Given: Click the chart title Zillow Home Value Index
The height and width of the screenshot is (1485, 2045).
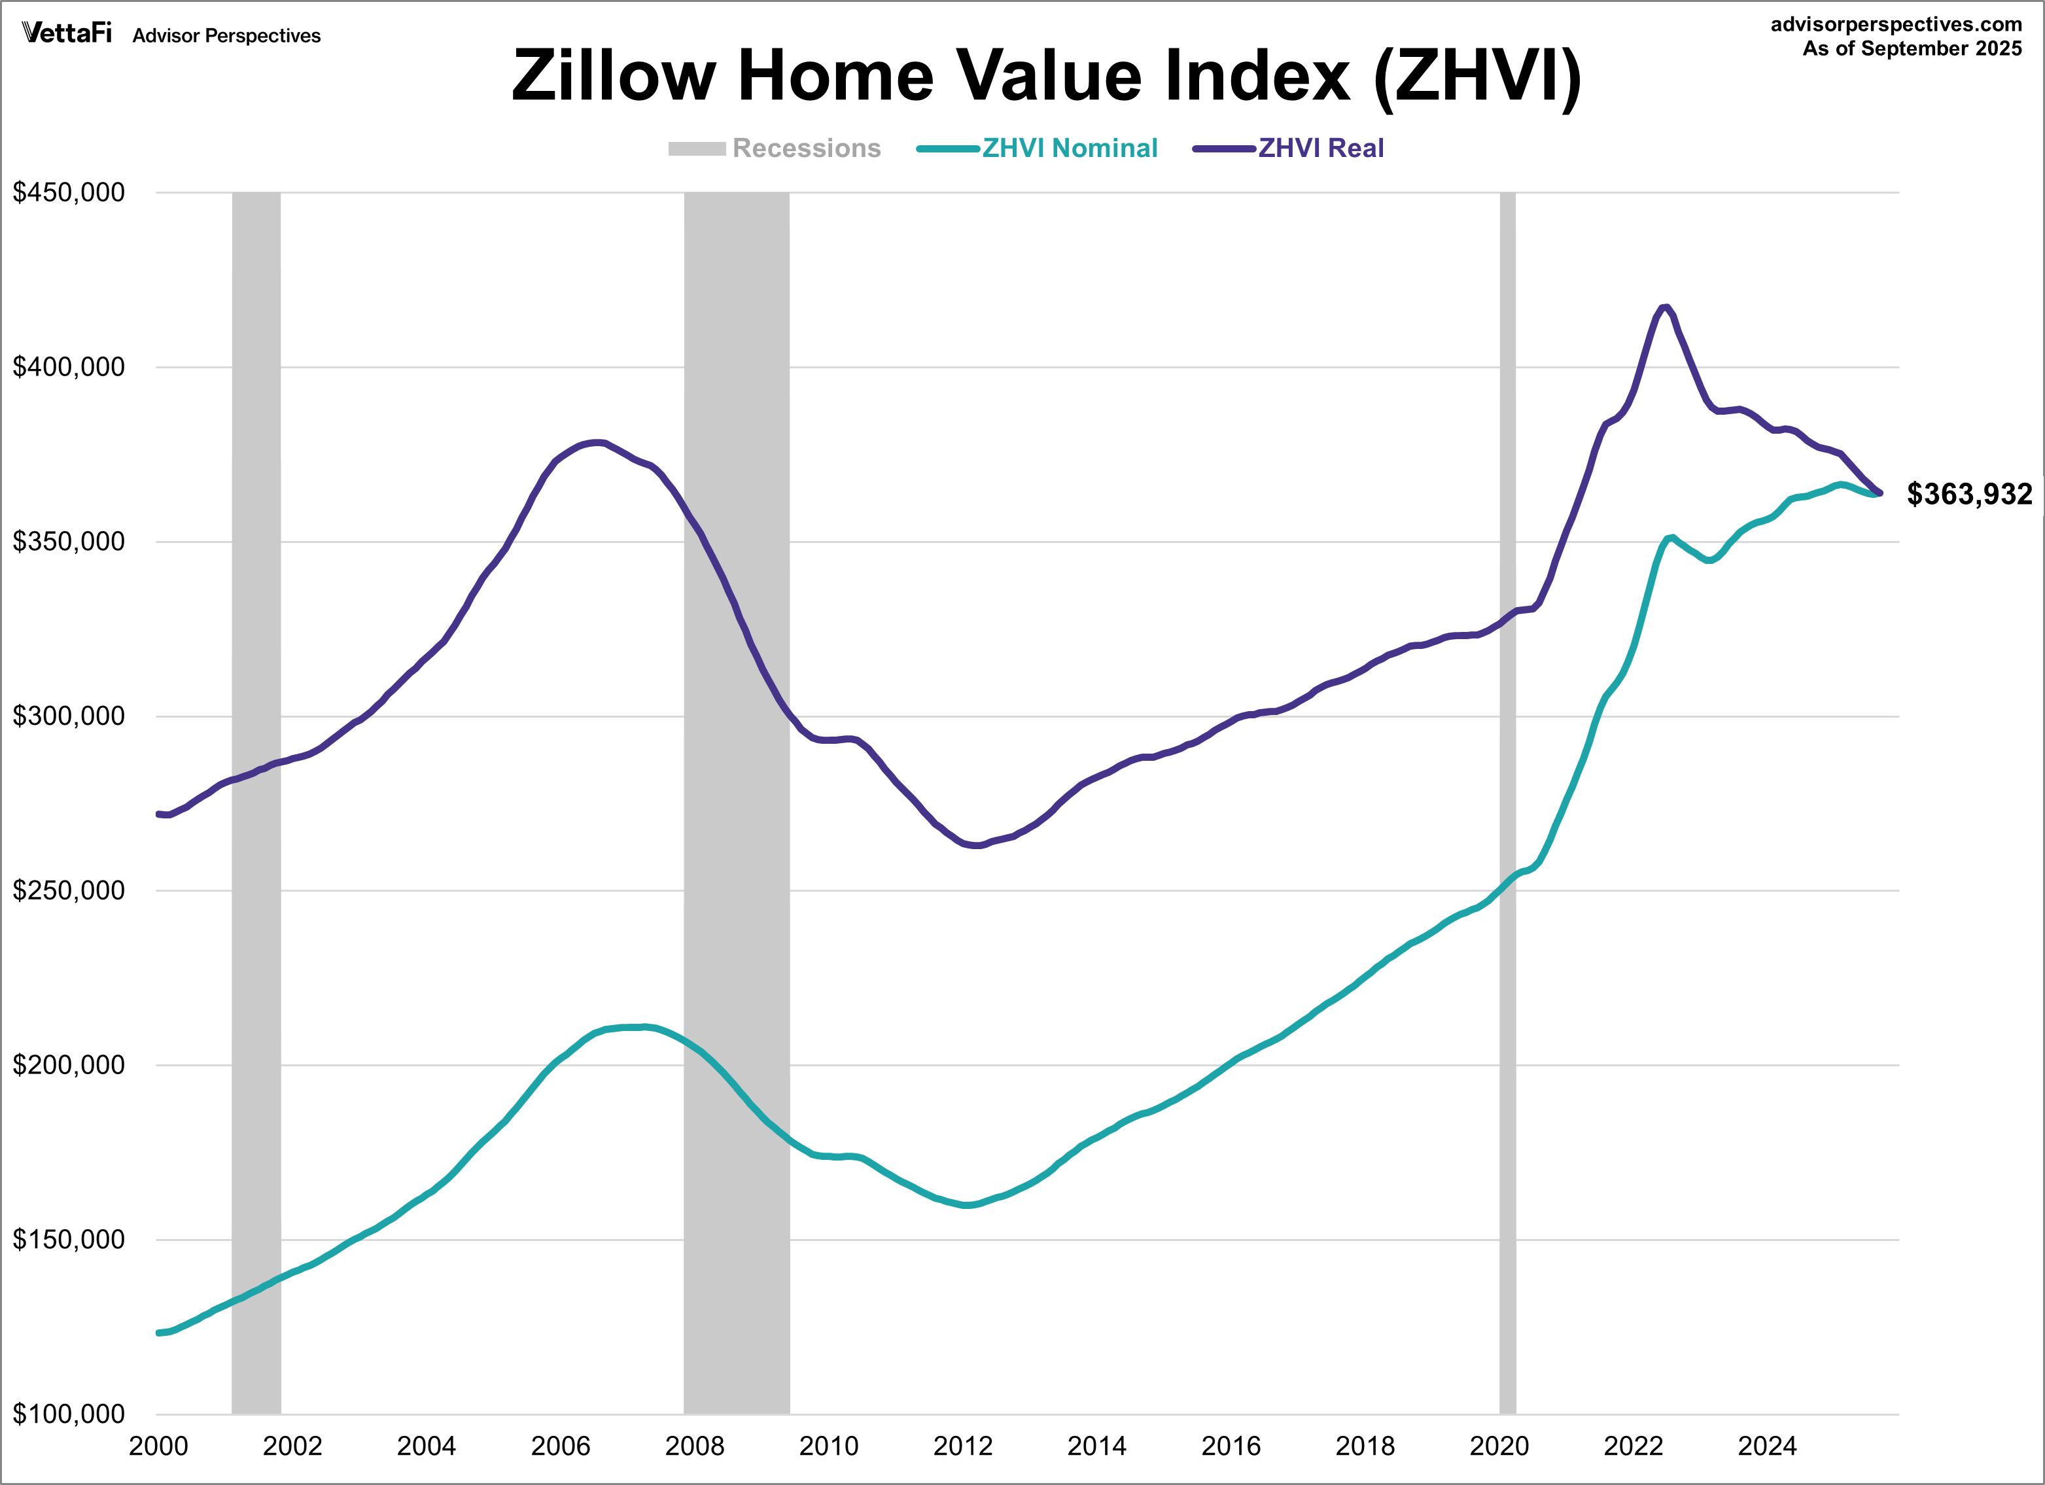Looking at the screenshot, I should point(1046,76).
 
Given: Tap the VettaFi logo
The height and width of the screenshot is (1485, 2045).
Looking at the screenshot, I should point(67,33).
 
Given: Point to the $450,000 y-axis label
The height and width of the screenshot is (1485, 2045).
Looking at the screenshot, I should point(69,192).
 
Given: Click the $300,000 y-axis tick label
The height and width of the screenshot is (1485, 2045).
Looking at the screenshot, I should point(69,716).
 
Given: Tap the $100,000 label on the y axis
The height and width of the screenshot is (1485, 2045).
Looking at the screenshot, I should point(69,1413).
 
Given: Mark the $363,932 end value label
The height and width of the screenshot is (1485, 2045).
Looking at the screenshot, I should point(1969,494).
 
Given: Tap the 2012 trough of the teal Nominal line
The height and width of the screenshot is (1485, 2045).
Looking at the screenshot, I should point(967,1204).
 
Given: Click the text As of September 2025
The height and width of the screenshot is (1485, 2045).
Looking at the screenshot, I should point(1912,48).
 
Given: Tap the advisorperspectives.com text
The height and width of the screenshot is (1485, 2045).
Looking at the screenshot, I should point(1896,24).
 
